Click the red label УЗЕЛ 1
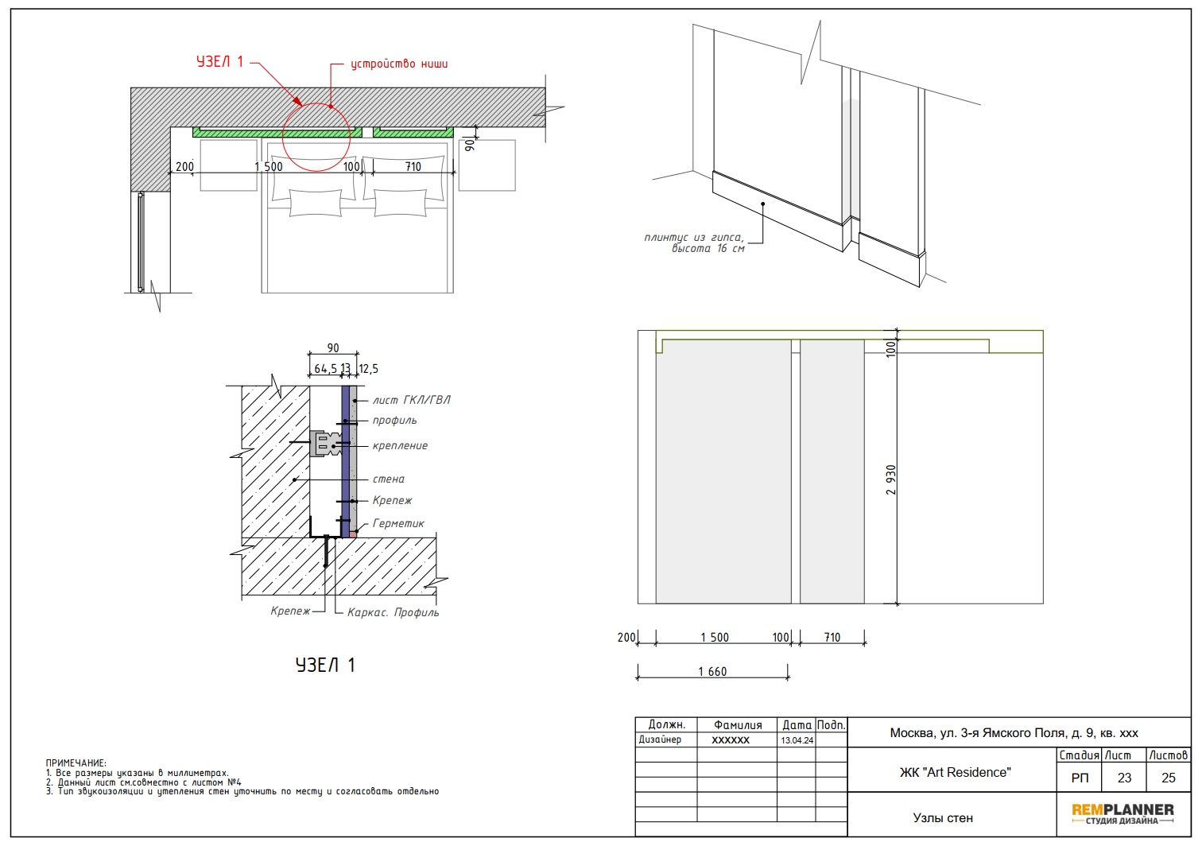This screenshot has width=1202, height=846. [x=219, y=62]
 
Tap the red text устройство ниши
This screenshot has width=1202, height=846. [x=399, y=64]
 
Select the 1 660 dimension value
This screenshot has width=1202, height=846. [x=712, y=672]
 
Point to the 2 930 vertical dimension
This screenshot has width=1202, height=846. [x=890, y=480]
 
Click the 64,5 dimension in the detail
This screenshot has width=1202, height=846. [x=326, y=369]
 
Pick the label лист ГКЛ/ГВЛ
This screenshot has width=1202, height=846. [x=412, y=400]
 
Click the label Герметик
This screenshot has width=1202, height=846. [x=398, y=523]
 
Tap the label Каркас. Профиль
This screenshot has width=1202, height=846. [x=393, y=612]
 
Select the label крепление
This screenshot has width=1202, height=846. [x=400, y=446]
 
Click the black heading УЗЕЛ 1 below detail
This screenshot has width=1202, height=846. [x=325, y=665]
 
